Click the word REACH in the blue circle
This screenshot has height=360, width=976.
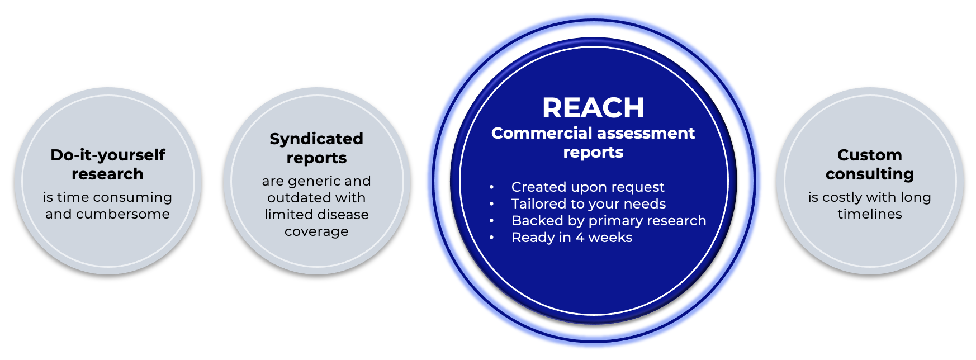[x=593, y=108]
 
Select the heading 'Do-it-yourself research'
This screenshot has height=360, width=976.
[x=107, y=164]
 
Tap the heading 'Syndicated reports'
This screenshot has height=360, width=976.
[x=316, y=148]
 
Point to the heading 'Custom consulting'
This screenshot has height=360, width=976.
[x=869, y=164]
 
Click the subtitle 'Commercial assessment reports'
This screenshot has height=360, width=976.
[x=593, y=143]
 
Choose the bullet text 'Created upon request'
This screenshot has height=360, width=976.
[x=588, y=187]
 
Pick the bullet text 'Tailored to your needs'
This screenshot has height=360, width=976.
[x=589, y=203]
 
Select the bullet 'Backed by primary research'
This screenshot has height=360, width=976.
[x=609, y=220]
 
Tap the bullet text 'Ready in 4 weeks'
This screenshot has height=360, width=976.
[x=572, y=237]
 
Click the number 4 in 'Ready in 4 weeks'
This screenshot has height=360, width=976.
[x=580, y=237]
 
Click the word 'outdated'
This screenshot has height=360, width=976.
[x=292, y=197]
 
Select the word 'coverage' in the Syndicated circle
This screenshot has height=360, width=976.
[x=316, y=231]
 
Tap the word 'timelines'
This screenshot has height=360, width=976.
[x=870, y=214]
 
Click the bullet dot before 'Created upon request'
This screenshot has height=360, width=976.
[x=491, y=187]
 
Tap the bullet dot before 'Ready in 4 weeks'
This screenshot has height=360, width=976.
[x=491, y=238]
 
